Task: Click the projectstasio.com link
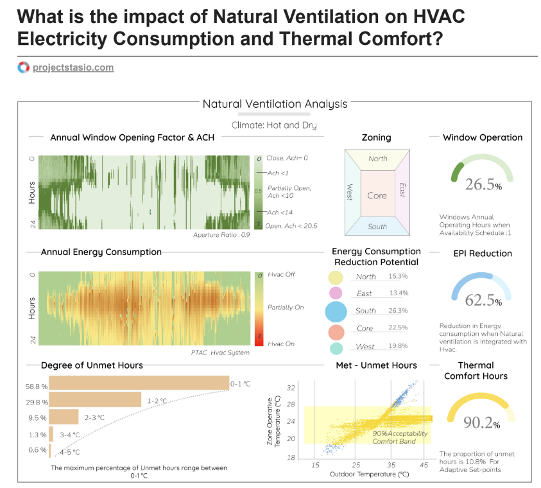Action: click(x=73, y=67)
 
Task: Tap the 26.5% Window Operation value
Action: click(x=483, y=185)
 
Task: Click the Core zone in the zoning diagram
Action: click(x=377, y=195)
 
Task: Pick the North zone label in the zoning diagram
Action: click(x=378, y=159)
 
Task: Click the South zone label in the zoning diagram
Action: click(x=377, y=227)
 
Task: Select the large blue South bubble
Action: click(x=336, y=311)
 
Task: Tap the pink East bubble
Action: click(x=334, y=293)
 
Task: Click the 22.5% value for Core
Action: click(x=398, y=328)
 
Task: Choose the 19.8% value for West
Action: click(x=398, y=347)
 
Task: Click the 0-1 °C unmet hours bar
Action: click(x=139, y=383)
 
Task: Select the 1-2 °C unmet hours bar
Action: click(x=95, y=401)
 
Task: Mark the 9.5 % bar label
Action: click(x=38, y=417)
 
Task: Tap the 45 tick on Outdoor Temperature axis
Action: click(x=424, y=464)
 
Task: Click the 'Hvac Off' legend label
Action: click(x=280, y=274)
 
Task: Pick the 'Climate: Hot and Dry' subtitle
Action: click(x=274, y=125)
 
